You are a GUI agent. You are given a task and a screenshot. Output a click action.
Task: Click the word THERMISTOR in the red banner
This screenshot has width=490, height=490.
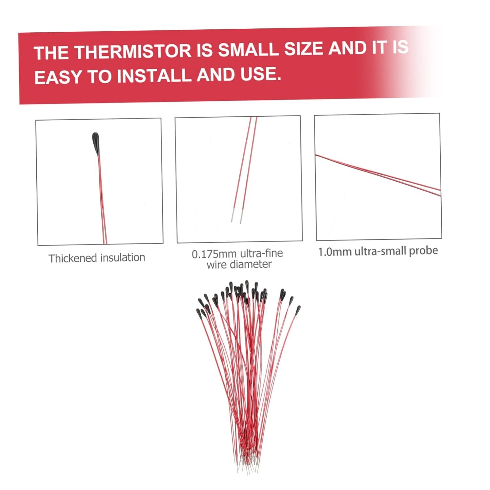tap(133, 51)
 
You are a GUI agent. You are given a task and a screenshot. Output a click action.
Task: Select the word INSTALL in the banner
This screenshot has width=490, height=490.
tap(154, 75)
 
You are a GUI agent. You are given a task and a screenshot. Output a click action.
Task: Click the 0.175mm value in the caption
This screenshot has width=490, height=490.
tap(214, 254)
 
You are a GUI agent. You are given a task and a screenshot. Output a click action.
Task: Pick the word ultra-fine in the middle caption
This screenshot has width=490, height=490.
tap(261, 253)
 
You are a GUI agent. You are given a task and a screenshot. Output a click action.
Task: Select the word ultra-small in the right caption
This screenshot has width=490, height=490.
tap(379, 251)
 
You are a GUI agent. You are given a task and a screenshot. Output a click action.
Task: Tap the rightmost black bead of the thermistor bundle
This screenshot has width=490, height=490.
tap(298, 310)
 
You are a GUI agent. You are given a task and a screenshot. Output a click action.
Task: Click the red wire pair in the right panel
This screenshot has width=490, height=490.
tap(378, 175)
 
